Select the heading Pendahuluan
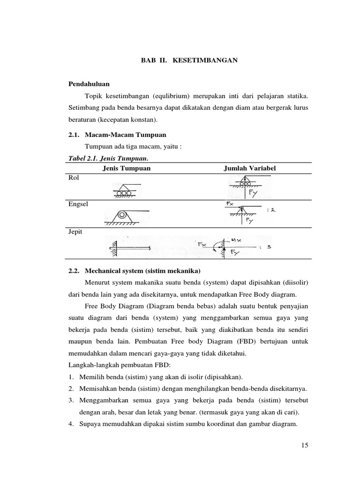pyautogui.click(x=89, y=84)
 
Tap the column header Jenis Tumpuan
pyautogui.click(x=127, y=168)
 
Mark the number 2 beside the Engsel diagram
pyautogui.click(x=272, y=210)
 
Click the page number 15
pyautogui.click(x=305, y=446)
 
